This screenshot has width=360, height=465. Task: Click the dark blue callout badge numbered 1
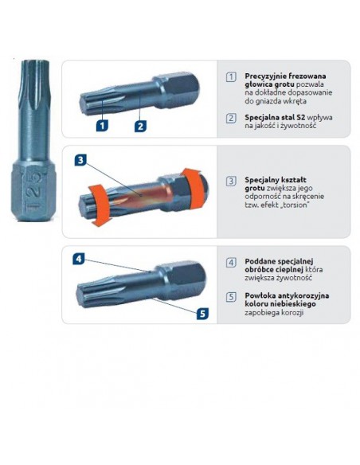pyautogui.click(x=102, y=125)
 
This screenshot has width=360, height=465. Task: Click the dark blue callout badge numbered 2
pyautogui.click(x=139, y=125)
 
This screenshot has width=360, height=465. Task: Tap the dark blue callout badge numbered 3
pyautogui.click(x=80, y=160)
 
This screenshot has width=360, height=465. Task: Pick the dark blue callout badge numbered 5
pyautogui.click(x=202, y=313)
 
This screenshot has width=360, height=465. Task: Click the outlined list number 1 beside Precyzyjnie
pyautogui.click(x=230, y=76)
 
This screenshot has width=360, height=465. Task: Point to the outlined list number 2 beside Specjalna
pyautogui.click(x=230, y=118)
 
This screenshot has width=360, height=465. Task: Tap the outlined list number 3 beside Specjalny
pyautogui.click(x=230, y=181)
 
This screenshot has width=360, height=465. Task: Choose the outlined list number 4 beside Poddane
pyautogui.click(x=230, y=262)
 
